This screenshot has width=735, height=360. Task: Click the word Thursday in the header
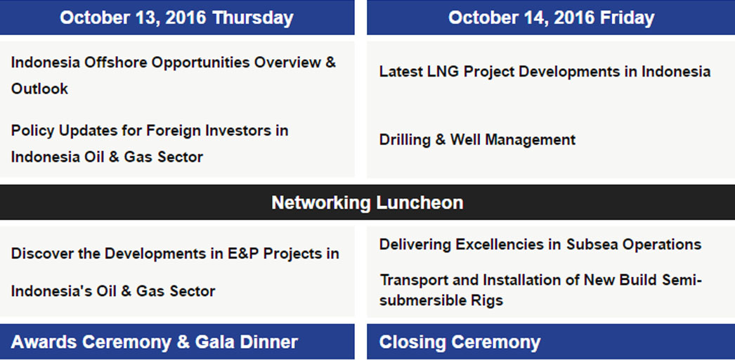(x=253, y=18)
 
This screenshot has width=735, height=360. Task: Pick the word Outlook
(x=39, y=89)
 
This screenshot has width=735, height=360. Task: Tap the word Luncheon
(x=419, y=202)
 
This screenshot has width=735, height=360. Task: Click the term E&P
(x=243, y=254)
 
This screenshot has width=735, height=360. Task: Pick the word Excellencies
(x=508, y=244)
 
